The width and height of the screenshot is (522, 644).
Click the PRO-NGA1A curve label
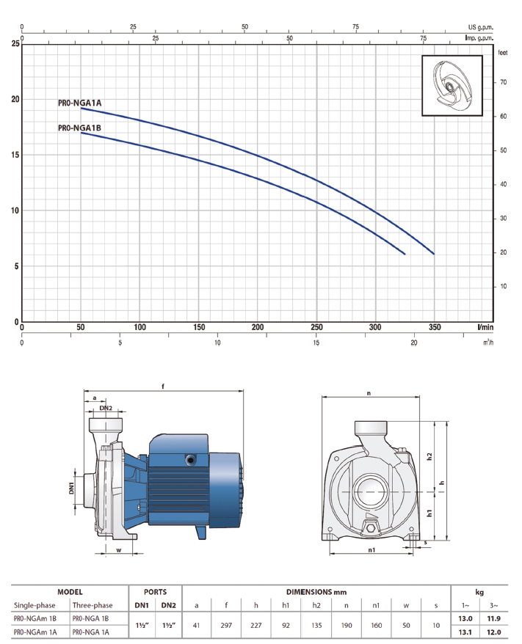[x=79, y=103]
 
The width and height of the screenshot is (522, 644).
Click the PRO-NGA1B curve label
[x=79, y=128]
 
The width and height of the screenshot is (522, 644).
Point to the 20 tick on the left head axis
[x=15, y=99]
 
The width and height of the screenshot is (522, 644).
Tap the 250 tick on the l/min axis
[x=316, y=327]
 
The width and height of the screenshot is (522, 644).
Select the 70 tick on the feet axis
[x=503, y=82]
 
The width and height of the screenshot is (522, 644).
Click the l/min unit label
[x=485, y=327]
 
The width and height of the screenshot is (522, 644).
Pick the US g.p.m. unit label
[x=480, y=27]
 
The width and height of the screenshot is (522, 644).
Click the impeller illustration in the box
[x=452, y=85]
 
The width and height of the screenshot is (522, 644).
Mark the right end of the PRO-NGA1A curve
[x=434, y=254]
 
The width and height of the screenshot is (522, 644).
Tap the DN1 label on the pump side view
[x=71, y=488]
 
